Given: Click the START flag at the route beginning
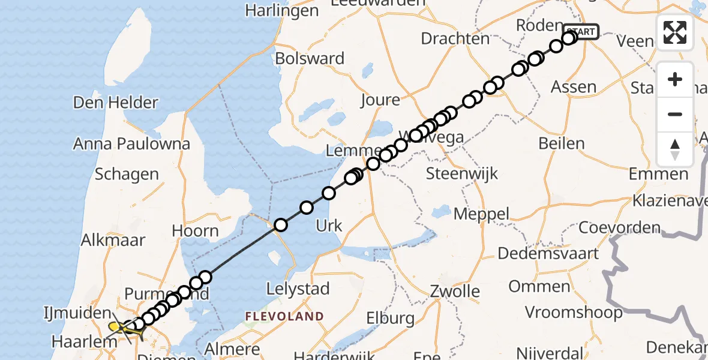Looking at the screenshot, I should click(x=581, y=31).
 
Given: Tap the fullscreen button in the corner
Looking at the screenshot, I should click(x=675, y=32).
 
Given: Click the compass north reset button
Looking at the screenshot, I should click(x=675, y=149).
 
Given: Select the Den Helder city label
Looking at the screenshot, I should click(x=115, y=102).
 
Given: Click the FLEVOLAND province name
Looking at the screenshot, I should click(x=284, y=316).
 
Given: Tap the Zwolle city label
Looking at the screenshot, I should click(x=455, y=292).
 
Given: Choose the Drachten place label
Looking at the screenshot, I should click(x=455, y=38).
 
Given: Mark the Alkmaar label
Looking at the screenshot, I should click(x=114, y=240).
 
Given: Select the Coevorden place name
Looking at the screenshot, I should click(x=619, y=228).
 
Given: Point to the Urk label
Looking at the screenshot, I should click(x=329, y=226).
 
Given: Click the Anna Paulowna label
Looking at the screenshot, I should click(x=131, y=144).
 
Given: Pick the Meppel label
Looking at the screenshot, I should click(x=481, y=214).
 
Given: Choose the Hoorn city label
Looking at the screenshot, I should click(x=195, y=230).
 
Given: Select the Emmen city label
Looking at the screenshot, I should click(x=659, y=175).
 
